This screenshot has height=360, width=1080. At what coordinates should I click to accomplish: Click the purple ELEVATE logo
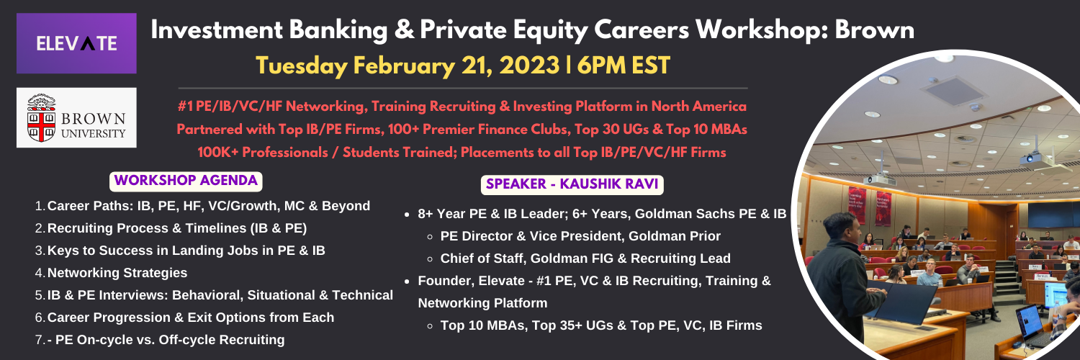coord(76,43)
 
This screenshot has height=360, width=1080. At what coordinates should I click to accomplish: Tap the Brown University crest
coord(42,117)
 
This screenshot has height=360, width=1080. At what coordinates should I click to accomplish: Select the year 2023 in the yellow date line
coord(529,65)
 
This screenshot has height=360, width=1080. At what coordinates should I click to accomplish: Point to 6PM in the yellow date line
coord(600,65)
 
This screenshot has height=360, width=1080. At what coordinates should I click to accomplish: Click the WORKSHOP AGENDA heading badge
coord(186,181)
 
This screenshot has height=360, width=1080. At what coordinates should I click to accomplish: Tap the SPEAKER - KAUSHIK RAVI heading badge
coord(572,184)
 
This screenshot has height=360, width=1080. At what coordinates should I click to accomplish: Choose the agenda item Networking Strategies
coord(117,273)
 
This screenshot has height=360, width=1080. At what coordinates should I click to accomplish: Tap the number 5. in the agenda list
coord(40,295)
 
